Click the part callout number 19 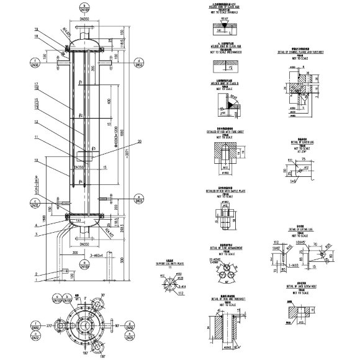(37, 30)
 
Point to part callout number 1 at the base (37, 280)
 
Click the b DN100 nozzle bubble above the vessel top (84, 9)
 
